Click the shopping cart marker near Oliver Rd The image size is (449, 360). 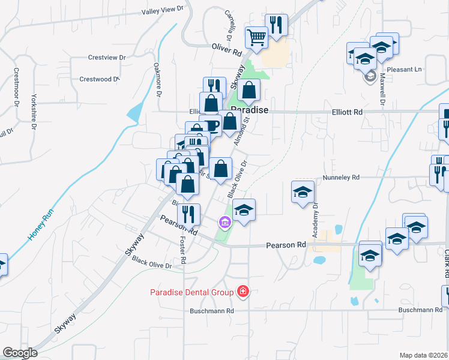coord(257,38)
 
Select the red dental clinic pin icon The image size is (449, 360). coord(243,292)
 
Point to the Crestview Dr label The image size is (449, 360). coord(106,58)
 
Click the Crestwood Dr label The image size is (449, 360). coord(100,79)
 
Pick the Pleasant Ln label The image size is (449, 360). coord(405,70)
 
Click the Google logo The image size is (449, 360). coord(20,352)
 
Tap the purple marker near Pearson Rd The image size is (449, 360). coord(225,223)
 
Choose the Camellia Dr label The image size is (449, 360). coord(231,22)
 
